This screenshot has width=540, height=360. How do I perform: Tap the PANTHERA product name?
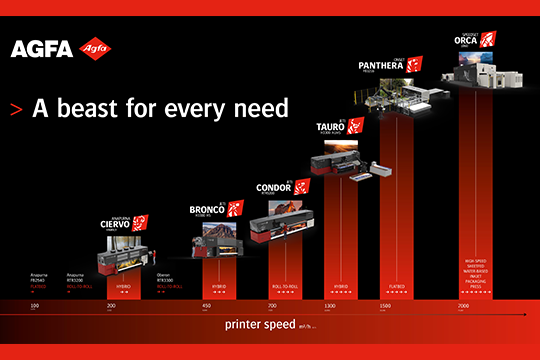[385, 67]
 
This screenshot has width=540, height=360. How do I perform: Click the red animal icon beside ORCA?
[487, 40]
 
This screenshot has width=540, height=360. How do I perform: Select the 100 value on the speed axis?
[34, 304]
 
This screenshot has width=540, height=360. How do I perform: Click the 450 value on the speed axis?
[206, 304]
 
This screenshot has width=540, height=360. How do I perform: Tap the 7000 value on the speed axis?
[462, 304]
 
